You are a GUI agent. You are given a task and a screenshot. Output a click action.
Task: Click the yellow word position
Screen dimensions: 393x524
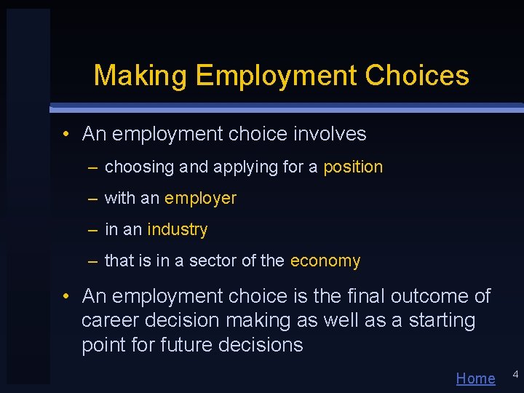coord(353,167)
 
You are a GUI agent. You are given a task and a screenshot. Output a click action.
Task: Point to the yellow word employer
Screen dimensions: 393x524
coord(200,199)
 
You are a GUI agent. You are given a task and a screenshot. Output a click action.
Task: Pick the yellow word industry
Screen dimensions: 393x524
coord(177,230)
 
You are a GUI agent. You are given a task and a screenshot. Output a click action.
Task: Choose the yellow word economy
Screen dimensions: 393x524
coord(325,261)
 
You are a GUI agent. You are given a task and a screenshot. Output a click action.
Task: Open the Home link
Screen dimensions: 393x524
coord(475,378)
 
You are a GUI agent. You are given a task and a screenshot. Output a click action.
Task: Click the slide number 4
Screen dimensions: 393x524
coord(515,374)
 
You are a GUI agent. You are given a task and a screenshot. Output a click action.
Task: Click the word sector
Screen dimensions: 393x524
coord(212,261)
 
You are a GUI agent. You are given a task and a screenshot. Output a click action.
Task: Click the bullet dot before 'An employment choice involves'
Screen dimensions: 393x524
coord(65,135)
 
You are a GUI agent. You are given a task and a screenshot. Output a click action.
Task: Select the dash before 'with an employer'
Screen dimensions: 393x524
coord(93,199)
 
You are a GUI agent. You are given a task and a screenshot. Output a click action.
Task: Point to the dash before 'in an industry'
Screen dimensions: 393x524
coord(93,230)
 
